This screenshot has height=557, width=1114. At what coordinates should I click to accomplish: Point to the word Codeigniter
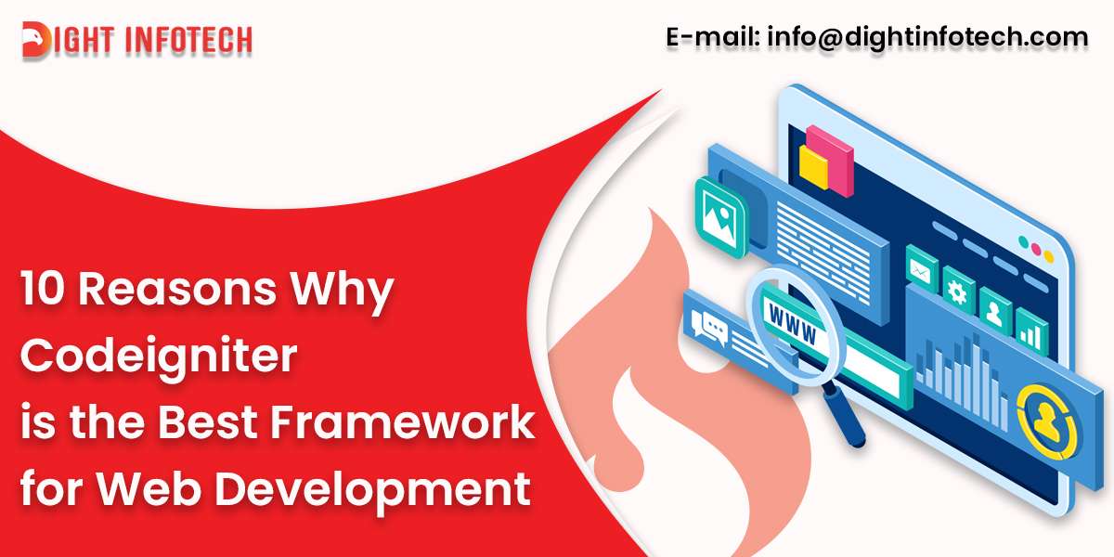(159, 356)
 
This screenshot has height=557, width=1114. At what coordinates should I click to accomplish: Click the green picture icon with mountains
(719, 216)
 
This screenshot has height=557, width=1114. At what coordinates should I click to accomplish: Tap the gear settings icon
(958, 290)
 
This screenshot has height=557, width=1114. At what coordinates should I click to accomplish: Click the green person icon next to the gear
(994, 309)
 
